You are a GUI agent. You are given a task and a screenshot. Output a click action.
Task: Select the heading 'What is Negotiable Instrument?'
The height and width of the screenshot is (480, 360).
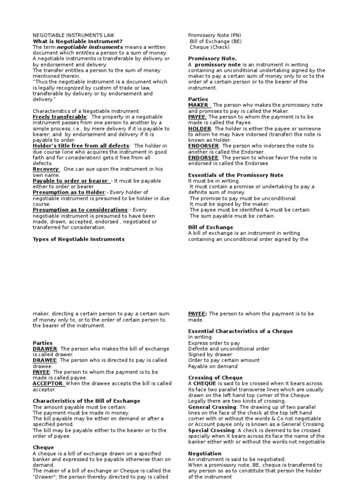pos(77,41)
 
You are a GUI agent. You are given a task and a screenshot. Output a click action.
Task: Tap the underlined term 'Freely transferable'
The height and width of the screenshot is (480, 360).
pos(60,117)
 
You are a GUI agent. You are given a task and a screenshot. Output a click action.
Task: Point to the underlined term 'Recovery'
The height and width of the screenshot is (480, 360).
pos(46,169)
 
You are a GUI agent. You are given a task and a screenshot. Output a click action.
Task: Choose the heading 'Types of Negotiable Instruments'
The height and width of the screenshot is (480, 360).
pos(78,239)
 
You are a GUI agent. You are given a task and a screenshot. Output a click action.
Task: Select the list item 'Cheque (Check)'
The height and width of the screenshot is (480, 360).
pos(210,47)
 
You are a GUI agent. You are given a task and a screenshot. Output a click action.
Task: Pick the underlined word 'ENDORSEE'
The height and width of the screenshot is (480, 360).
pos(204,157)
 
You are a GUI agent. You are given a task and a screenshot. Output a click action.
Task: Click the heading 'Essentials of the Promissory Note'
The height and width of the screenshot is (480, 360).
pos(236,175)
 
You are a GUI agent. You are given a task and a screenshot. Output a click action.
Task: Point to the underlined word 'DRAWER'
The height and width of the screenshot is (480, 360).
pos(45,349)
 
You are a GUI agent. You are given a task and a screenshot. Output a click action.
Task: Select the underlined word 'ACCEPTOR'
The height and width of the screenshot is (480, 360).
pos(48,383)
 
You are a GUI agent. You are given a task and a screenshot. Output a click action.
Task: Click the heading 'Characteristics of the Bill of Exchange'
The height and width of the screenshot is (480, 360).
pos(86,401)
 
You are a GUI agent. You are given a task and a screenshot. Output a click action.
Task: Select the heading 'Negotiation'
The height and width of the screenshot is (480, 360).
pos(205,454)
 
